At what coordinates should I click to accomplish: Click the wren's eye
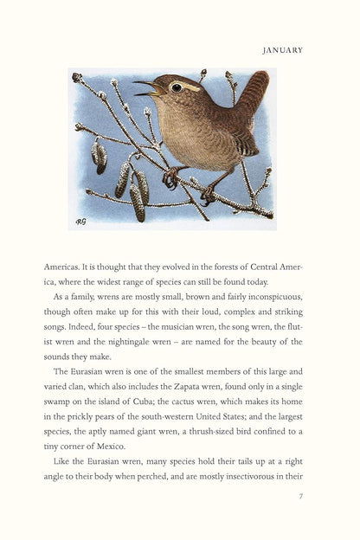177,87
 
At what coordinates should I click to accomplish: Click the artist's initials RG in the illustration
80,221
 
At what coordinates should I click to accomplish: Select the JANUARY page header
282,50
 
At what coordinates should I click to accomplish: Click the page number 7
299,496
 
